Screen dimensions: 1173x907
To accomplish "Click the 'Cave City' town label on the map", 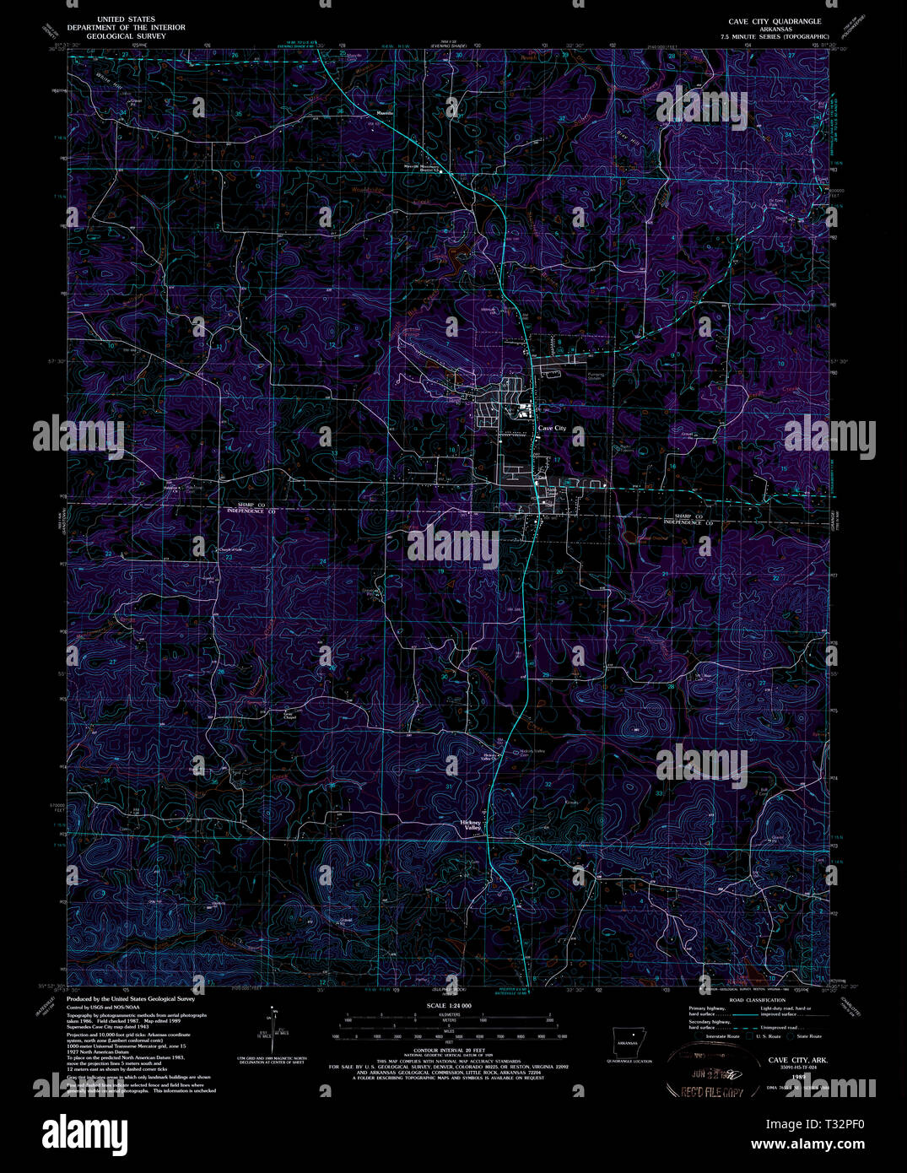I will pos(553,429).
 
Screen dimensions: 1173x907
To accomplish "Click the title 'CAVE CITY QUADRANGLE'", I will pos(775,20).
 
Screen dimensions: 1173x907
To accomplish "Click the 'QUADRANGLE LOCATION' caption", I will pos(629,1061).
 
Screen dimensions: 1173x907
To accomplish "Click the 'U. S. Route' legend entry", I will pos(767,1036).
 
